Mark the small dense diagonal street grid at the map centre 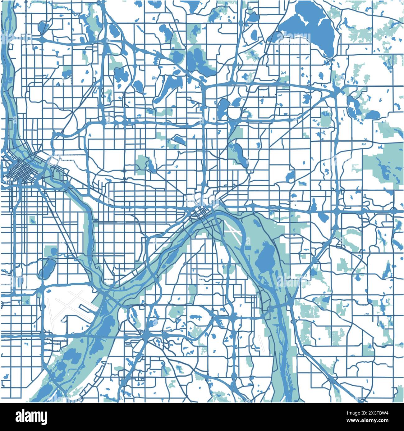[200, 213]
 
